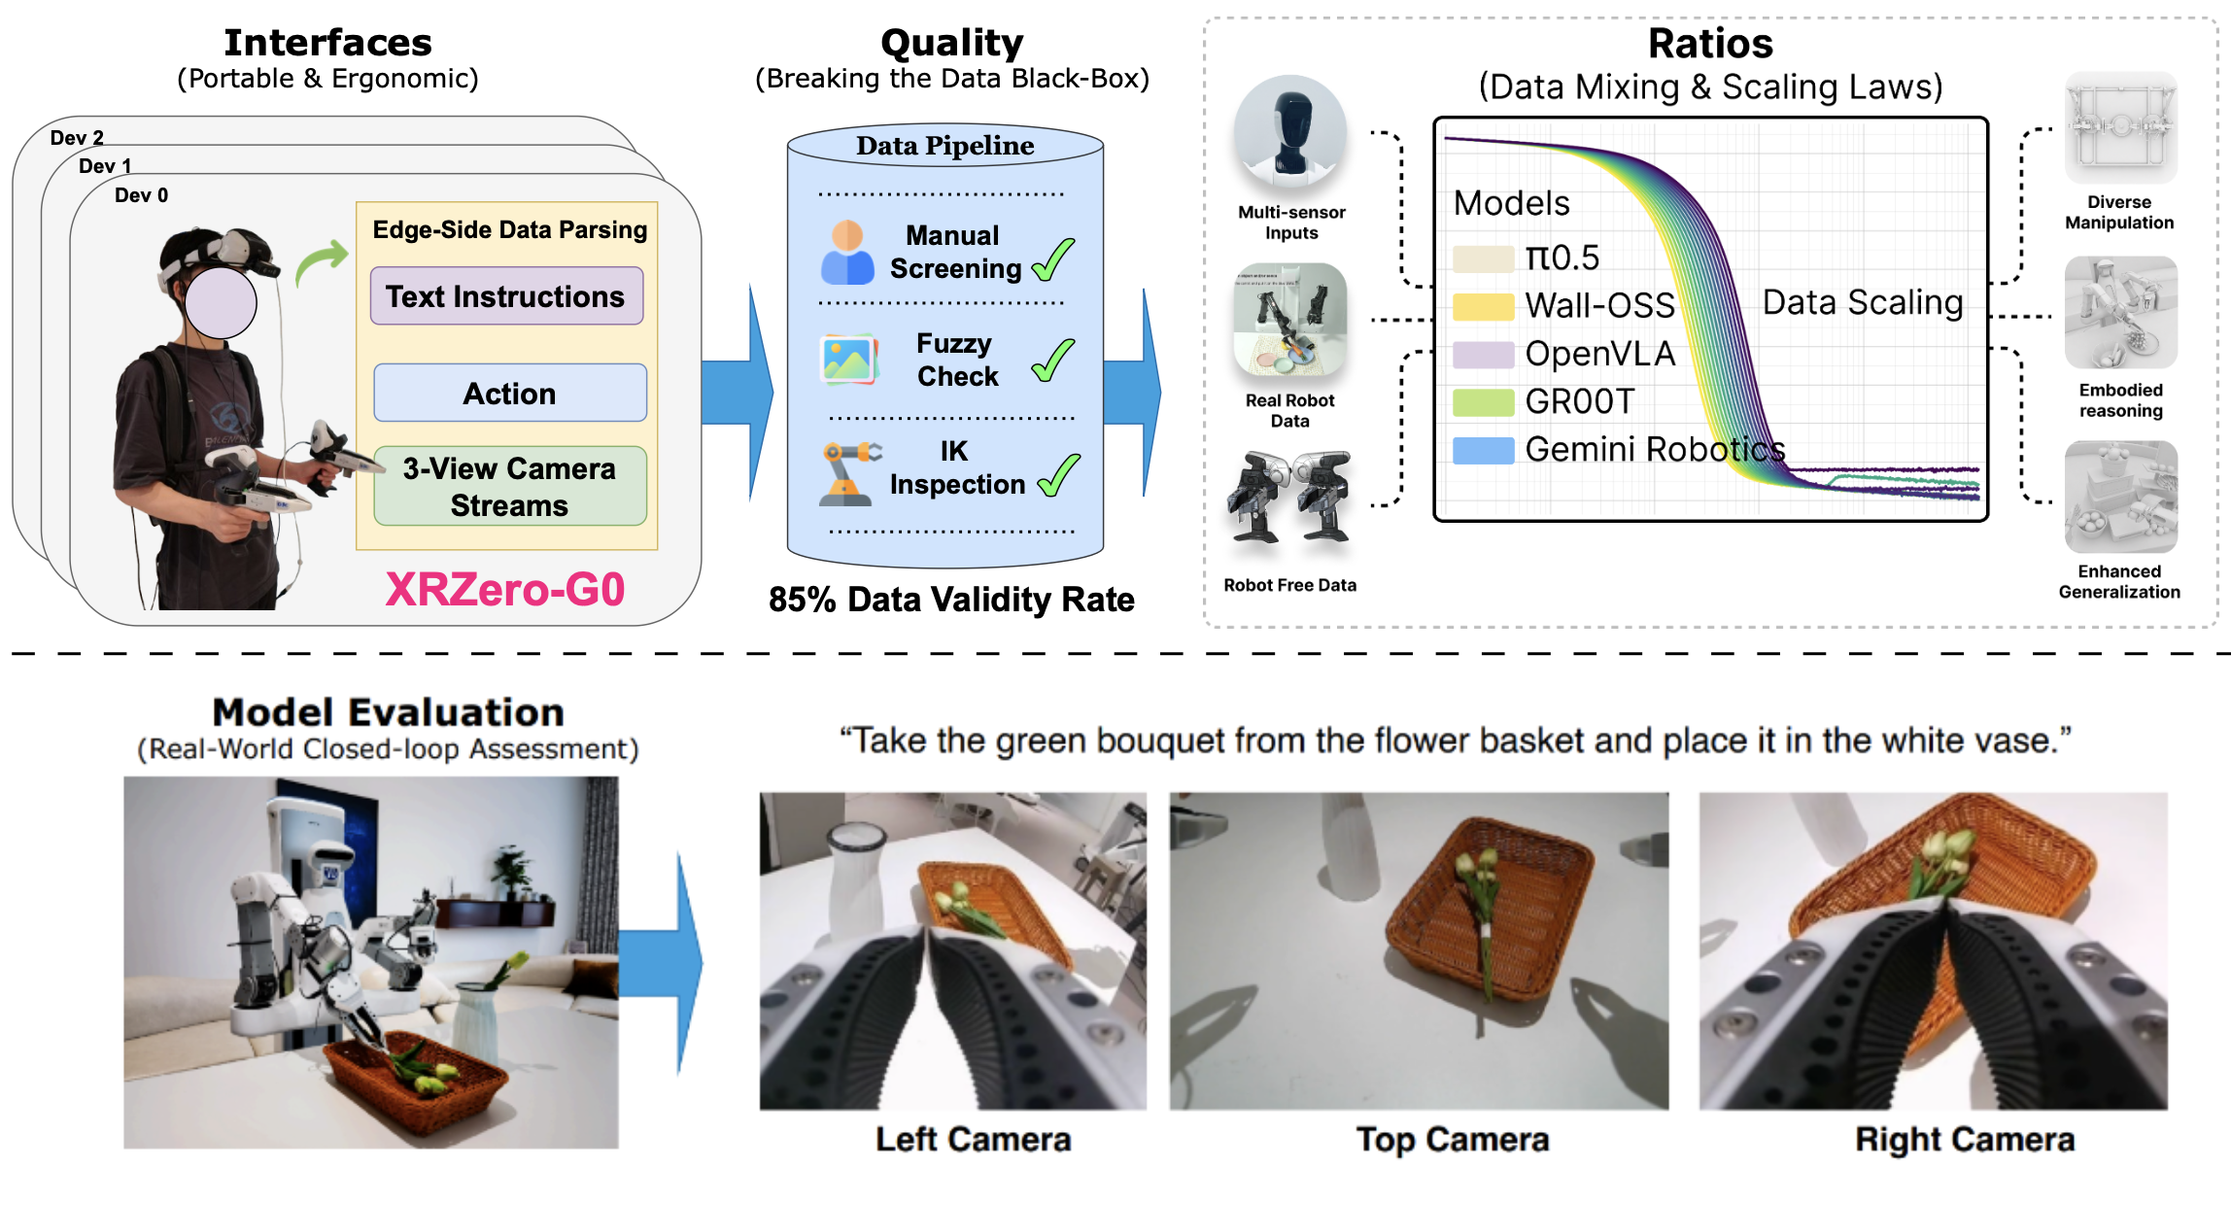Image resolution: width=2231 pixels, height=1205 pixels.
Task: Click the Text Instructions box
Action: click(506, 295)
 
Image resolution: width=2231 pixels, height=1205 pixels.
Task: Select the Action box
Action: click(510, 393)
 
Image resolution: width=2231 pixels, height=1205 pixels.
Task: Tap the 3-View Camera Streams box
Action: click(510, 486)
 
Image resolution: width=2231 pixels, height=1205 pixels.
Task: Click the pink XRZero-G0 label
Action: click(505, 589)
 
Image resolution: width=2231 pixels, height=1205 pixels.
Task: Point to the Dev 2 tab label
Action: click(77, 138)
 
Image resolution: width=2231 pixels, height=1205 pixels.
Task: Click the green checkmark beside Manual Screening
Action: click(1053, 259)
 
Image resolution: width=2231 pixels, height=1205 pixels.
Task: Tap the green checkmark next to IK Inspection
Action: click(1059, 475)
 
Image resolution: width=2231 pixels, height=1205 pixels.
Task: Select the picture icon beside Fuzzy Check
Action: click(849, 360)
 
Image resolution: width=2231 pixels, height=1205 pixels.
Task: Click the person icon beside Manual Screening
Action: click(847, 252)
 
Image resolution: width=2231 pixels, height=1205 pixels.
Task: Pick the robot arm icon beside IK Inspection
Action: click(849, 473)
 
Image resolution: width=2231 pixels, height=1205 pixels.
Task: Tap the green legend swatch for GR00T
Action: click(1483, 402)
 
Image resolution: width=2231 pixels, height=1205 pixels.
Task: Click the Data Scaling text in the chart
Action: click(1863, 302)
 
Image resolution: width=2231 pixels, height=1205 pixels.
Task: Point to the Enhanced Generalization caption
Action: click(2119, 581)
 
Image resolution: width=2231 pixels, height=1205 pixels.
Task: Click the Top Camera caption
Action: click(1453, 1139)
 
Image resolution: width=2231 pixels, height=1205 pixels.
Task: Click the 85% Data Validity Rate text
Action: click(951, 600)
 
